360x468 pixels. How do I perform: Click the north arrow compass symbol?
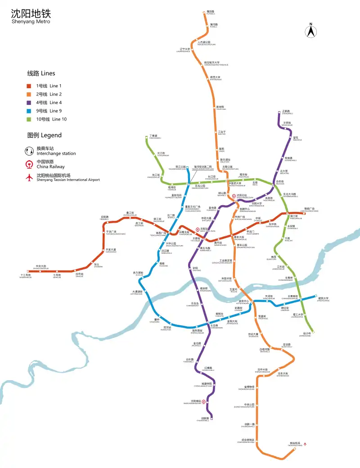click(x=310, y=31)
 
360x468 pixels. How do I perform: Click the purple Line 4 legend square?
click(x=29, y=103)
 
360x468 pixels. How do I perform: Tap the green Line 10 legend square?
click(x=29, y=119)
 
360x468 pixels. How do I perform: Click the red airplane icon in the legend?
click(x=30, y=178)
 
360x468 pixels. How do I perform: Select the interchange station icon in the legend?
click(x=30, y=151)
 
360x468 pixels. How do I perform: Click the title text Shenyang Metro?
click(x=31, y=22)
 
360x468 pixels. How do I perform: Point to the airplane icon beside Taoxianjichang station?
click(x=306, y=444)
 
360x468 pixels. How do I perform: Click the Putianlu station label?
click(x=211, y=12)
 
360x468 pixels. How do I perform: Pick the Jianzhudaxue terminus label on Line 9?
click(x=323, y=299)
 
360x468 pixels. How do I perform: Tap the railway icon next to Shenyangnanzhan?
click(x=204, y=402)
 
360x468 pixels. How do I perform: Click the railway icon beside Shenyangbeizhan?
click(x=234, y=196)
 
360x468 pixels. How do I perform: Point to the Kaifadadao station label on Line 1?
click(x=111, y=251)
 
